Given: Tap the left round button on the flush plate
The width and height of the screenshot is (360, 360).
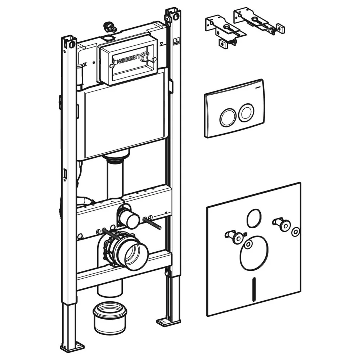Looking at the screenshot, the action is point(227,117).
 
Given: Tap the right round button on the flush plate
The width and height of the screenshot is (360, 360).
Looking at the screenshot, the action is point(246,112).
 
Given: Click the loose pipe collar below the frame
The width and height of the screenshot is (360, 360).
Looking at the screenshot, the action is point(110,318).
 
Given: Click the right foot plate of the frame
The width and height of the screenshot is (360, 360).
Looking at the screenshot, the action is point(164,321).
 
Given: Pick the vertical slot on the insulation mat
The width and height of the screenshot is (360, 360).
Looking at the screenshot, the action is point(254,289).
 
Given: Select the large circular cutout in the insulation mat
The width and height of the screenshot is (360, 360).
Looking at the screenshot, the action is point(254,253).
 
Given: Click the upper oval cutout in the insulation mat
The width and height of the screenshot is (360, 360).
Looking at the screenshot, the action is point(254,219).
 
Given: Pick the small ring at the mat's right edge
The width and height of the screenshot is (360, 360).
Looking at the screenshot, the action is point(296,231).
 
